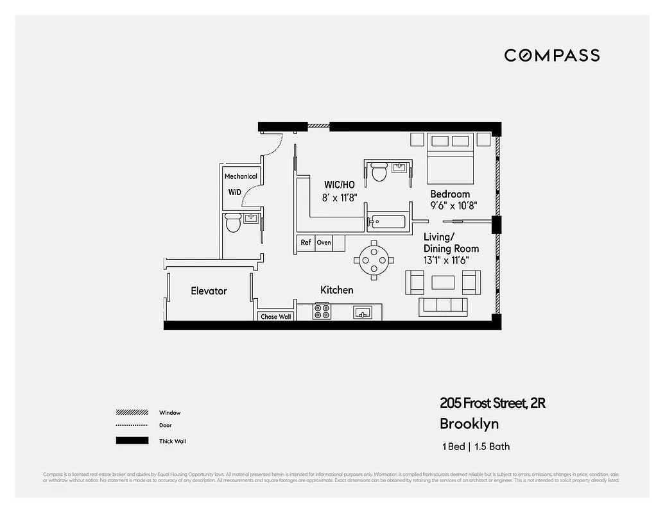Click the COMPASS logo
[x=551, y=55]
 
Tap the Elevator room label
[x=209, y=291]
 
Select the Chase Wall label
[x=275, y=317]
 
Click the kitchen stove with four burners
[x=322, y=312]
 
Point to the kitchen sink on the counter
[x=363, y=313]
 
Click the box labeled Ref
[x=306, y=243]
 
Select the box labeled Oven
[x=324, y=243]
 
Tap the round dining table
[x=374, y=259]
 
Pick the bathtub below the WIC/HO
[x=388, y=223]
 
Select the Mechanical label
[x=241, y=176]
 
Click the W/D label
[x=236, y=192]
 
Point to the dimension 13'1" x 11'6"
[x=446, y=260]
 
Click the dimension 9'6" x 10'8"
[x=453, y=206]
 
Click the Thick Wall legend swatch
[x=132, y=441]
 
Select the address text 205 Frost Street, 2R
[x=492, y=403]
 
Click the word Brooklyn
[x=469, y=424]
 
